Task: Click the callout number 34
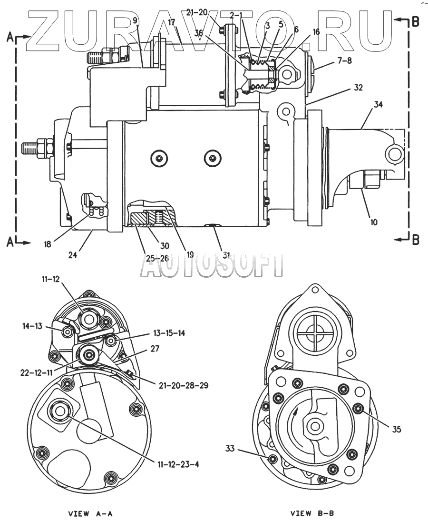[378, 104]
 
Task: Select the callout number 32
[358, 88]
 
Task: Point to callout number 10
[374, 222]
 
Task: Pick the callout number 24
[73, 255]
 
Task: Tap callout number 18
[48, 244]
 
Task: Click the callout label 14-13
[32, 326]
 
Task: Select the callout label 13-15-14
[169, 333]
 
